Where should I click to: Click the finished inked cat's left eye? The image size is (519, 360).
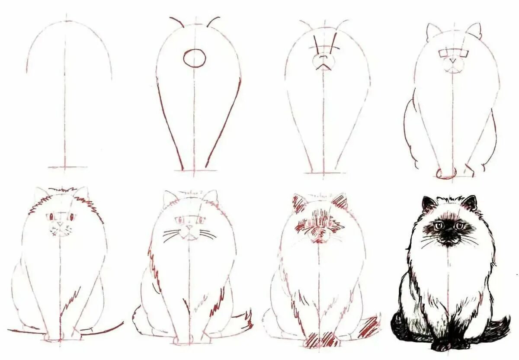point(439,225)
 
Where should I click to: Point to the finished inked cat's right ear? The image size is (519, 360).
point(470,202)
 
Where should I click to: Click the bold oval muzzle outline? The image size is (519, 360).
point(194,58)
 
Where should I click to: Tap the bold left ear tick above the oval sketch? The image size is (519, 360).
point(176,22)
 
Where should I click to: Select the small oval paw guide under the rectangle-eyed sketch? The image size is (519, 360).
point(445,174)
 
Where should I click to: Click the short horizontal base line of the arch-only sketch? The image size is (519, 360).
point(67,167)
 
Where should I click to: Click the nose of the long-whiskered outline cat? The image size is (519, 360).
point(189,227)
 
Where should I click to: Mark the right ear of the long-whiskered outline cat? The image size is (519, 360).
point(211,197)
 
